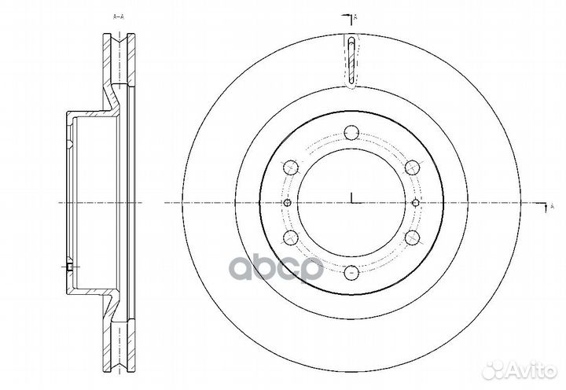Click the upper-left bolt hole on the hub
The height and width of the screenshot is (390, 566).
[x=289, y=167]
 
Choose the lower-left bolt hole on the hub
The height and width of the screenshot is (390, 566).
[x=289, y=238]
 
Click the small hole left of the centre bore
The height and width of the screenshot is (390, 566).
[x=286, y=203]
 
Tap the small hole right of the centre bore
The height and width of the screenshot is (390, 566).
[x=417, y=203]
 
